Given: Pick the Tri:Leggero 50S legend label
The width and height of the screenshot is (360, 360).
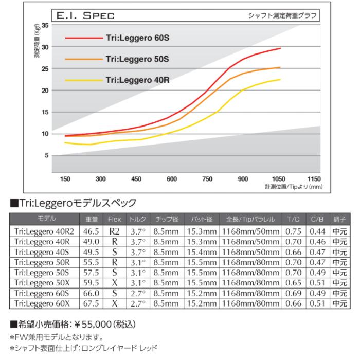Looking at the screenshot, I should pos(137,59).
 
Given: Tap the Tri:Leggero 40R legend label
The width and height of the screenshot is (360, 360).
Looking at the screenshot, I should pos(137,80).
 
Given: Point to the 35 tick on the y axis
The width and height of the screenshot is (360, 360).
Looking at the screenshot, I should pos(46,25).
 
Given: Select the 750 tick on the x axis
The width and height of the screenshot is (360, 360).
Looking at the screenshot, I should pos(207,179).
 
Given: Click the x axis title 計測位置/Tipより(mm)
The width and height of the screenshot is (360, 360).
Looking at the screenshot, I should pos(294,187).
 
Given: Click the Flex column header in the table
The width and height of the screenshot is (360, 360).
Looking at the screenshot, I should pos(114,220).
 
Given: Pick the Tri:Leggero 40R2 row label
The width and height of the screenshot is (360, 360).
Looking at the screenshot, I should pos(44,231).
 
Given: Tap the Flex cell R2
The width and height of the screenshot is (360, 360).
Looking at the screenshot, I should pos(114,231).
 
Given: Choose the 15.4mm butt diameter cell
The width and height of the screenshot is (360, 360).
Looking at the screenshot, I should pos(202,251).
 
